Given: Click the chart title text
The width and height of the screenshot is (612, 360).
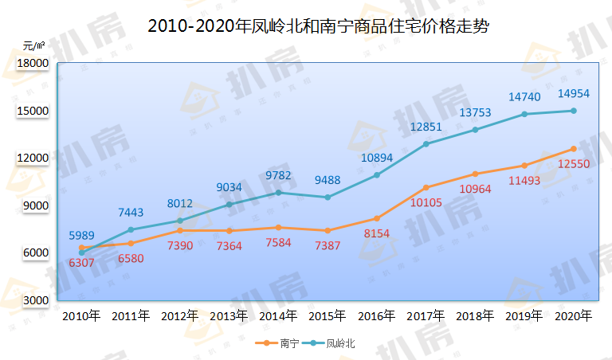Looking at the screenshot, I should (x=318, y=26).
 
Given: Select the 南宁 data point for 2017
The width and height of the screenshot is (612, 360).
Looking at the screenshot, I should (x=426, y=188).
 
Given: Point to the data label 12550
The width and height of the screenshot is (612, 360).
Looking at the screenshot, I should (x=574, y=164).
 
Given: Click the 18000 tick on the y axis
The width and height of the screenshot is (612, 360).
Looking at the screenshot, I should (x=33, y=63).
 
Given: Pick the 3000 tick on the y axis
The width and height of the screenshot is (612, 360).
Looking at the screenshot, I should (x=36, y=300).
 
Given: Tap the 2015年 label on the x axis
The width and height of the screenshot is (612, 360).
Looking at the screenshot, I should (x=327, y=316).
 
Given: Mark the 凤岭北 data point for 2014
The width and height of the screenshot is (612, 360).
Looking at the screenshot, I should (x=278, y=193).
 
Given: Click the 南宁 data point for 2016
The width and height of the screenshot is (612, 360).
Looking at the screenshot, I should (x=377, y=218).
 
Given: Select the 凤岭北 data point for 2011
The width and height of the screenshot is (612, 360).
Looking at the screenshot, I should (x=131, y=229).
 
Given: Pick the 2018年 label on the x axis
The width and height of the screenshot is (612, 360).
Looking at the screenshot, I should (x=475, y=316).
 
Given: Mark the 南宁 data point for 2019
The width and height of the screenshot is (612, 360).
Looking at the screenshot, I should (x=524, y=166).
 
